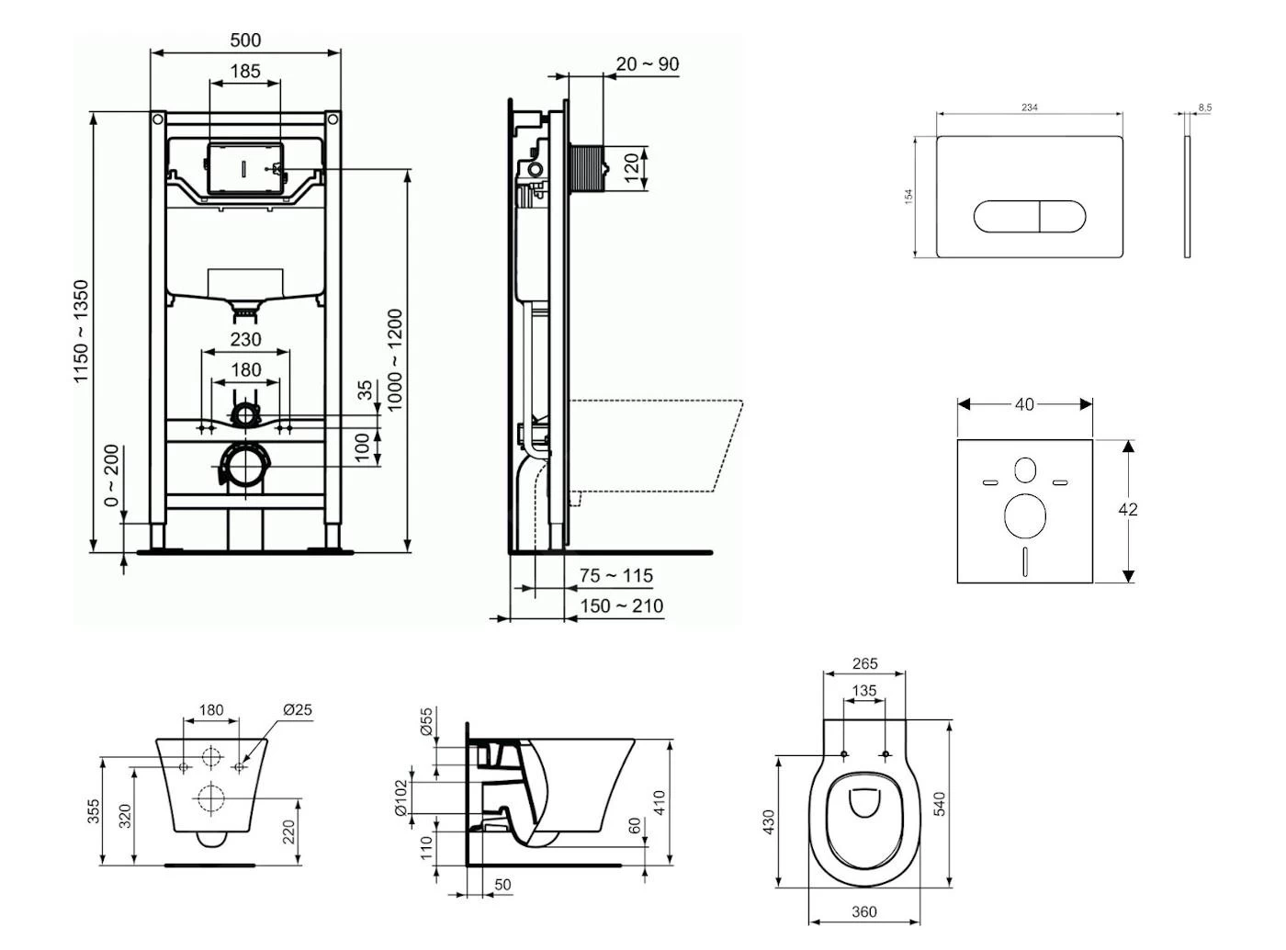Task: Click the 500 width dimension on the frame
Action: pyautogui.click(x=245, y=40)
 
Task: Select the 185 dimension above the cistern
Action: pyautogui.click(x=245, y=71)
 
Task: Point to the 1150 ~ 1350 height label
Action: pyautogui.click(x=83, y=332)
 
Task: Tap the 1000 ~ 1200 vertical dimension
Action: pyautogui.click(x=396, y=360)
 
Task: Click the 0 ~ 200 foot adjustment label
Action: pyautogui.click(x=111, y=476)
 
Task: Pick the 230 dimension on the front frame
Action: pyautogui.click(x=245, y=339)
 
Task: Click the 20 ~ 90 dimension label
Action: pyautogui.click(x=648, y=64)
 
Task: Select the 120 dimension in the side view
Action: pyautogui.click(x=632, y=168)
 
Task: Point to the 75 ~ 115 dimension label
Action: pyautogui.click(x=616, y=576)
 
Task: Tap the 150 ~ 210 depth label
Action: pyautogui.click(x=622, y=606)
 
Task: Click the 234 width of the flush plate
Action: pyautogui.click(x=1030, y=107)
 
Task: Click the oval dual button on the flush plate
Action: pyautogui.click(x=1030, y=217)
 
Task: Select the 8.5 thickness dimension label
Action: pyautogui.click(x=1204, y=107)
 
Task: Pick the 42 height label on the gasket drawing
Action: pyautogui.click(x=1128, y=509)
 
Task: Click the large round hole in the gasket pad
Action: pyautogui.click(x=1025, y=515)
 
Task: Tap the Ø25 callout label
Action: pyautogui.click(x=298, y=710)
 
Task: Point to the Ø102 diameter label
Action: pyautogui.click(x=400, y=798)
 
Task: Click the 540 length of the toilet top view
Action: pyautogui.click(x=939, y=803)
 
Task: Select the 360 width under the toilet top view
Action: pyautogui.click(x=864, y=912)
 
